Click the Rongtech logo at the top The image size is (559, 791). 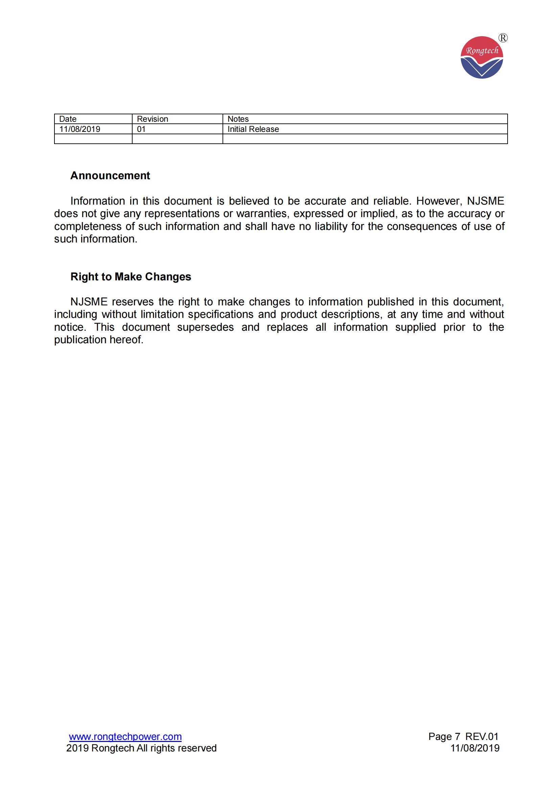[482, 57]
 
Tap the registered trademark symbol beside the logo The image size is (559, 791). [503, 38]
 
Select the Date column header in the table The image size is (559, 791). [68, 119]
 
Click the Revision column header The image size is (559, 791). [152, 119]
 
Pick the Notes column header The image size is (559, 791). [238, 119]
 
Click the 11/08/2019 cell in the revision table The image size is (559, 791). [79, 129]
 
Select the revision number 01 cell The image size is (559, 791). [141, 129]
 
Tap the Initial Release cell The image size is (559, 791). [253, 129]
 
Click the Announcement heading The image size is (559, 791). [110, 176]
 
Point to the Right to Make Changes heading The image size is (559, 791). [131, 277]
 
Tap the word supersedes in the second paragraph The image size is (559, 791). [205, 327]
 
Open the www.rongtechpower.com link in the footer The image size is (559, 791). [125, 737]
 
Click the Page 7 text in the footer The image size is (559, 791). [444, 737]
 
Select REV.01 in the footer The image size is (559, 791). [482, 737]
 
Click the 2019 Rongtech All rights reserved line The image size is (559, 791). [141, 748]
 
